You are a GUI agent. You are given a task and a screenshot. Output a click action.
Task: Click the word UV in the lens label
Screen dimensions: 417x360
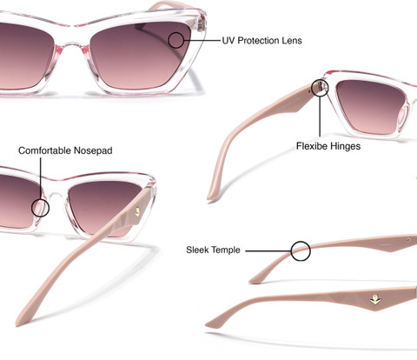(x=228, y=41)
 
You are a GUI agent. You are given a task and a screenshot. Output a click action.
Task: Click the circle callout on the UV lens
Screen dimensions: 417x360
(x=176, y=40)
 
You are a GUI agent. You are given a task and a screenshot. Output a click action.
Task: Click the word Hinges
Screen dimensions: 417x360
(x=345, y=146)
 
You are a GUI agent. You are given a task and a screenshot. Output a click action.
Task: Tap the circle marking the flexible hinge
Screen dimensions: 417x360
(x=320, y=88)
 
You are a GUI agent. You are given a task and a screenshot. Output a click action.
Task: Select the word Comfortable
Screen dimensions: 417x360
(x=44, y=150)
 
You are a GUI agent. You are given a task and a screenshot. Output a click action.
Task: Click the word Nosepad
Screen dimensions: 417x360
(x=93, y=150)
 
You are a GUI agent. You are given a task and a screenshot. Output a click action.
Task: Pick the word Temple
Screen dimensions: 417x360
(x=226, y=250)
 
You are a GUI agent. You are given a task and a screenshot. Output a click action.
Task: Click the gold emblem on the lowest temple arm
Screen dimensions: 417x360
(x=376, y=300)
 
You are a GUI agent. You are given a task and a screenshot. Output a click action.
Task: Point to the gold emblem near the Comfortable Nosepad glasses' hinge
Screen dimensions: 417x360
(x=138, y=211)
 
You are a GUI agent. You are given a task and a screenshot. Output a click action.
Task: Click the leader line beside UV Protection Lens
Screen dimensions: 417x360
(x=202, y=41)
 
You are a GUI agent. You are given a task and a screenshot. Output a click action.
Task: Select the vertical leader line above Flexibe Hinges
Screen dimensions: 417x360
(x=320, y=117)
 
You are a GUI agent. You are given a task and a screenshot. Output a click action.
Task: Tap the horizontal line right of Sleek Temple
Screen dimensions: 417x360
(x=268, y=251)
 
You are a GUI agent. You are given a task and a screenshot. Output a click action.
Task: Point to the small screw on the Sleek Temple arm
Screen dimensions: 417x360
(x=408, y=240)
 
